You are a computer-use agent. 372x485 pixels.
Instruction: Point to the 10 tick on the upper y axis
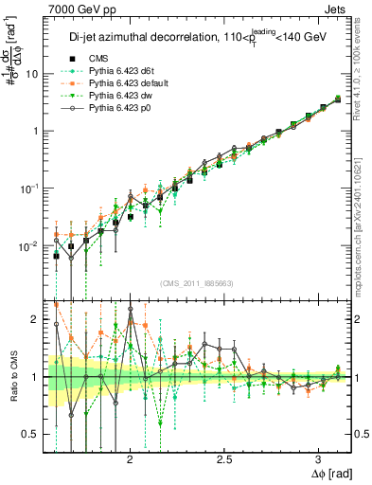coord(33,74)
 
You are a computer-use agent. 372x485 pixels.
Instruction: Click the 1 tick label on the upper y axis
coord(36,131)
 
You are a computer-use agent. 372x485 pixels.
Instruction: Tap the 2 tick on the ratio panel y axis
coord(36,320)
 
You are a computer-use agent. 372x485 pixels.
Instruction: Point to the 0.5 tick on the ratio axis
coord(31,434)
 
